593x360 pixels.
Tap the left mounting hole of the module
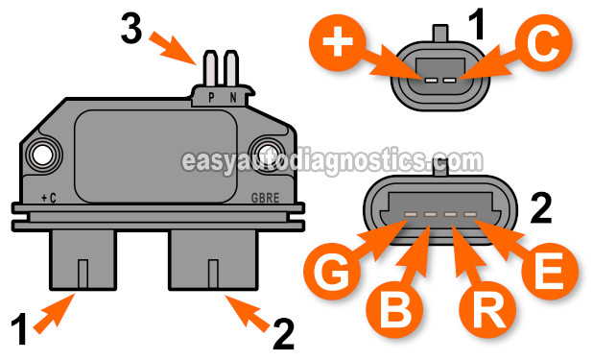tap(42, 153)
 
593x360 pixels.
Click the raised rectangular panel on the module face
tap(157, 156)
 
